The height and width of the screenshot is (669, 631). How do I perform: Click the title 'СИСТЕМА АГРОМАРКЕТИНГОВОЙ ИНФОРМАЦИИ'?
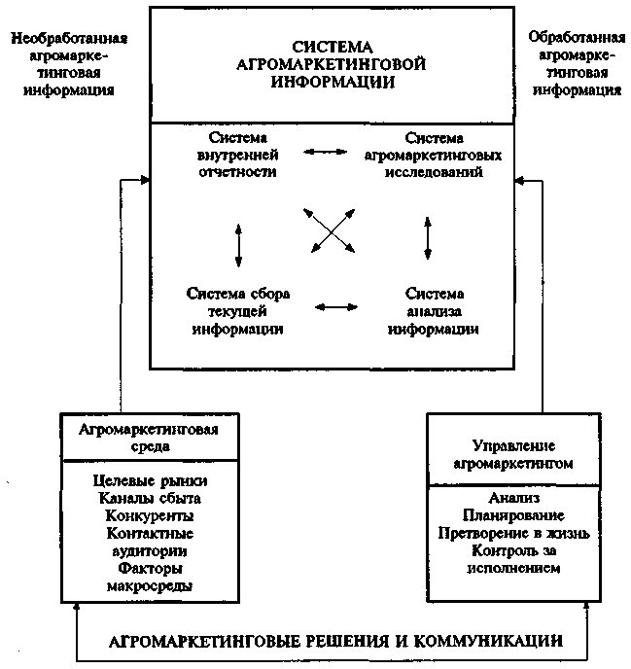pyautogui.click(x=333, y=64)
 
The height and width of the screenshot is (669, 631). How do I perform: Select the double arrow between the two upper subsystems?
pyautogui.click(x=326, y=153)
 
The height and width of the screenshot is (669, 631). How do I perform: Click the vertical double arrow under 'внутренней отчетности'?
pyautogui.click(x=238, y=242)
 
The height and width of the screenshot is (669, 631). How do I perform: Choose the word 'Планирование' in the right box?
pyautogui.click(x=501, y=515)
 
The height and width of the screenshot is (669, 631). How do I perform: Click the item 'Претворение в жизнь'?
pyautogui.click(x=501, y=533)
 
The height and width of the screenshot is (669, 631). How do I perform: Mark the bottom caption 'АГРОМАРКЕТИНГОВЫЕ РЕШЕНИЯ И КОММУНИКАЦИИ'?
pyautogui.click(x=334, y=642)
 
